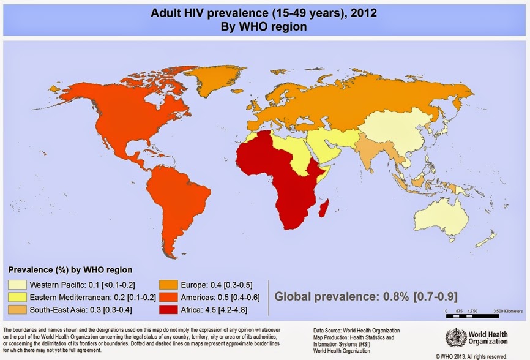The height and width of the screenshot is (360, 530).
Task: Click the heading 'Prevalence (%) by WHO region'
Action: point(70,270)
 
